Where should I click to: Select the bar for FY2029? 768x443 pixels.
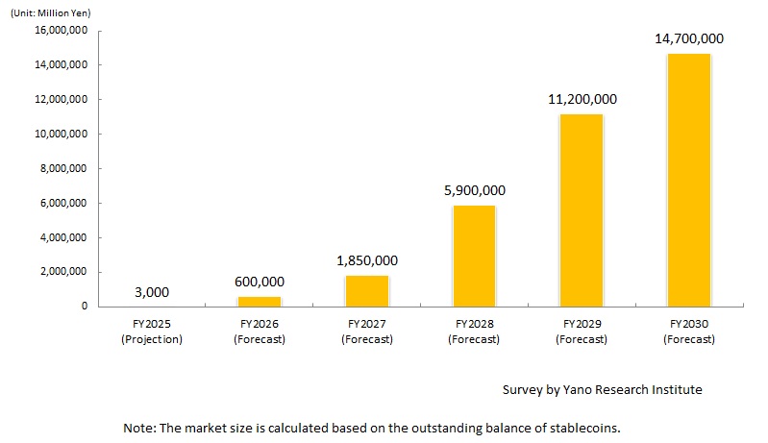tap(581, 209)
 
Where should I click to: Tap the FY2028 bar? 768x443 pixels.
tap(474, 256)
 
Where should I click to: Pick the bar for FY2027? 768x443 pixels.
tap(366, 290)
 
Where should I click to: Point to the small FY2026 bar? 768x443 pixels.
tap(260, 301)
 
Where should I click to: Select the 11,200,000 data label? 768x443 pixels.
tap(581, 99)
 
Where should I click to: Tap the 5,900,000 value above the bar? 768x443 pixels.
tap(474, 190)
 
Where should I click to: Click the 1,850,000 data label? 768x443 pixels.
tap(366, 260)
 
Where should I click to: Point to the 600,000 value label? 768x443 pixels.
tap(260, 282)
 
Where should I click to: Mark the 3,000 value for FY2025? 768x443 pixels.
tap(153, 291)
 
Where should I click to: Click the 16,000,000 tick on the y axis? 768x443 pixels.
tap(61, 30)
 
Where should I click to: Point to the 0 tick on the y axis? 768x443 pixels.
tap(85, 307)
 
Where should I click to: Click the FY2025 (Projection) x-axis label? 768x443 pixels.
tap(153, 332)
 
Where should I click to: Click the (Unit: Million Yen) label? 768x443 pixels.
tap(49, 12)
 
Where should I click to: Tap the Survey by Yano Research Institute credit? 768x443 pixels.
tap(602, 389)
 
